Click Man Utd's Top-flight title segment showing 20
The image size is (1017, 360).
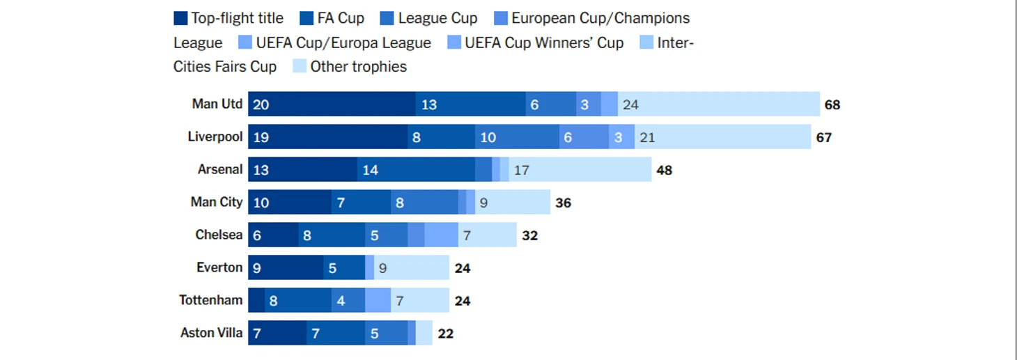[332, 104]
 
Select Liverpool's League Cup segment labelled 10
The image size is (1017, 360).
[517, 137]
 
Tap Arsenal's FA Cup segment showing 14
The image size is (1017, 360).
[416, 170]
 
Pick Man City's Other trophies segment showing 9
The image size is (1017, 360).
[513, 203]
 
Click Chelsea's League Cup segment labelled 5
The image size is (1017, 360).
[386, 235]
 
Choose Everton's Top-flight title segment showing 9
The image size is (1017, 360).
[286, 268]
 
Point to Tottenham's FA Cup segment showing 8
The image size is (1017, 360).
[298, 301]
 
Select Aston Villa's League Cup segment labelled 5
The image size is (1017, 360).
[386, 334]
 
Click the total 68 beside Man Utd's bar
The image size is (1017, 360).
[832, 105]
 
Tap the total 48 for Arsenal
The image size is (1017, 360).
[664, 170]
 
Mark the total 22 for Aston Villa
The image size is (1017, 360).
[446, 334]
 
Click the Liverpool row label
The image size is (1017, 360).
[215, 137]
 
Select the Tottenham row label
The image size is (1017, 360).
[211, 301]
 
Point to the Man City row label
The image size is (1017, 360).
[217, 203]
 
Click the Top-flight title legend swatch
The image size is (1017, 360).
[180, 19]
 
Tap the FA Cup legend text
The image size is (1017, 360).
[341, 19]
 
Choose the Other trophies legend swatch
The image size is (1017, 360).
[300, 67]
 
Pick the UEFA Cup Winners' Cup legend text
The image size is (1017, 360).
[544, 43]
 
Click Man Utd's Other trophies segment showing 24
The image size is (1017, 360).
[718, 104]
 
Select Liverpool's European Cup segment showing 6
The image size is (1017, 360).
[584, 137]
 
